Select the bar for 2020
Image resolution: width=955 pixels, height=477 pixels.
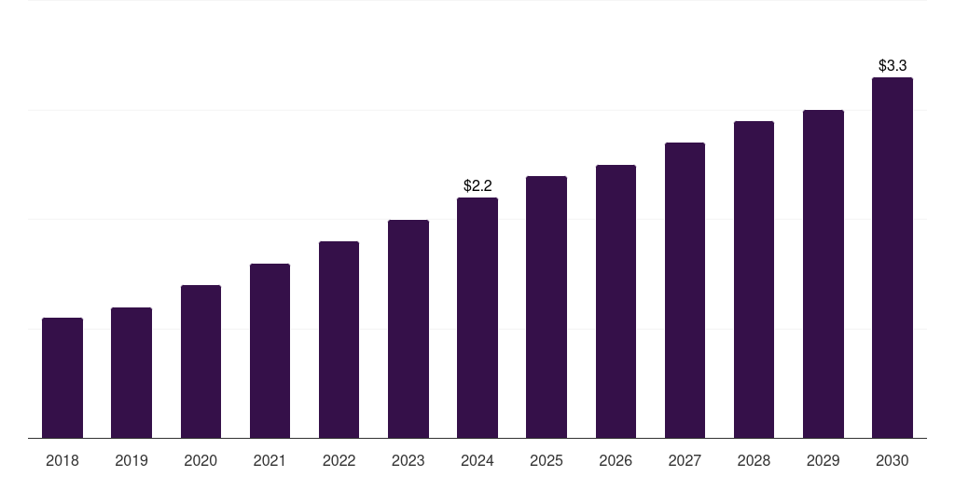point(201,361)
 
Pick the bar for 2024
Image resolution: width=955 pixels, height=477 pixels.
point(477,318)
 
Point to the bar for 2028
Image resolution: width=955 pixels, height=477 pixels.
point(754,279)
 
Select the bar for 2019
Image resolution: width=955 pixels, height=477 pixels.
point(131,373)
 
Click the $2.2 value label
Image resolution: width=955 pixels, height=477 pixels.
point(477,186)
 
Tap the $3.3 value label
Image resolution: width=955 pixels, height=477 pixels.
point(893,65)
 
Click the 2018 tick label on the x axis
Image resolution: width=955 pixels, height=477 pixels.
point(62,460)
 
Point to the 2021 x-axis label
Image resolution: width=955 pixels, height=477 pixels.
point(270,460)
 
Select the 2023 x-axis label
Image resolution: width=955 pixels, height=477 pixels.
point(408,460)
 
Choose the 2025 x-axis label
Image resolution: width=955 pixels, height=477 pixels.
point(547,460)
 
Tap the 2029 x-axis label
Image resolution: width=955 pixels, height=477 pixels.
point(823,460)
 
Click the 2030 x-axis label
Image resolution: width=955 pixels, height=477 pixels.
point(893,460)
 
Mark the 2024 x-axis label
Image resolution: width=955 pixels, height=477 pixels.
point(477,460)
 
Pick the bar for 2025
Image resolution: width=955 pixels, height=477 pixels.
point(547,307)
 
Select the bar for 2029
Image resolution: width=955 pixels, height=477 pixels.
point(823,274)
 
